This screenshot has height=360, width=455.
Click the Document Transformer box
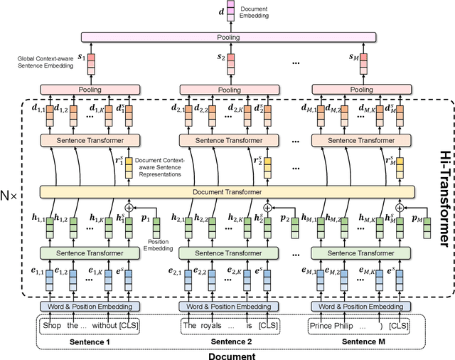(227, 191)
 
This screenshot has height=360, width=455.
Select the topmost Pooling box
(227, 36)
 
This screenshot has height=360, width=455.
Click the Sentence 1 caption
(89, 342)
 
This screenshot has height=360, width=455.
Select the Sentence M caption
(361, 342)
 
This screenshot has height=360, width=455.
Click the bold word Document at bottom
(231, 355)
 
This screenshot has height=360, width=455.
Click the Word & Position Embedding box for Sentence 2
(227, 307)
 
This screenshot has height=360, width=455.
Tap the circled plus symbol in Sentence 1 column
(129, 208)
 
